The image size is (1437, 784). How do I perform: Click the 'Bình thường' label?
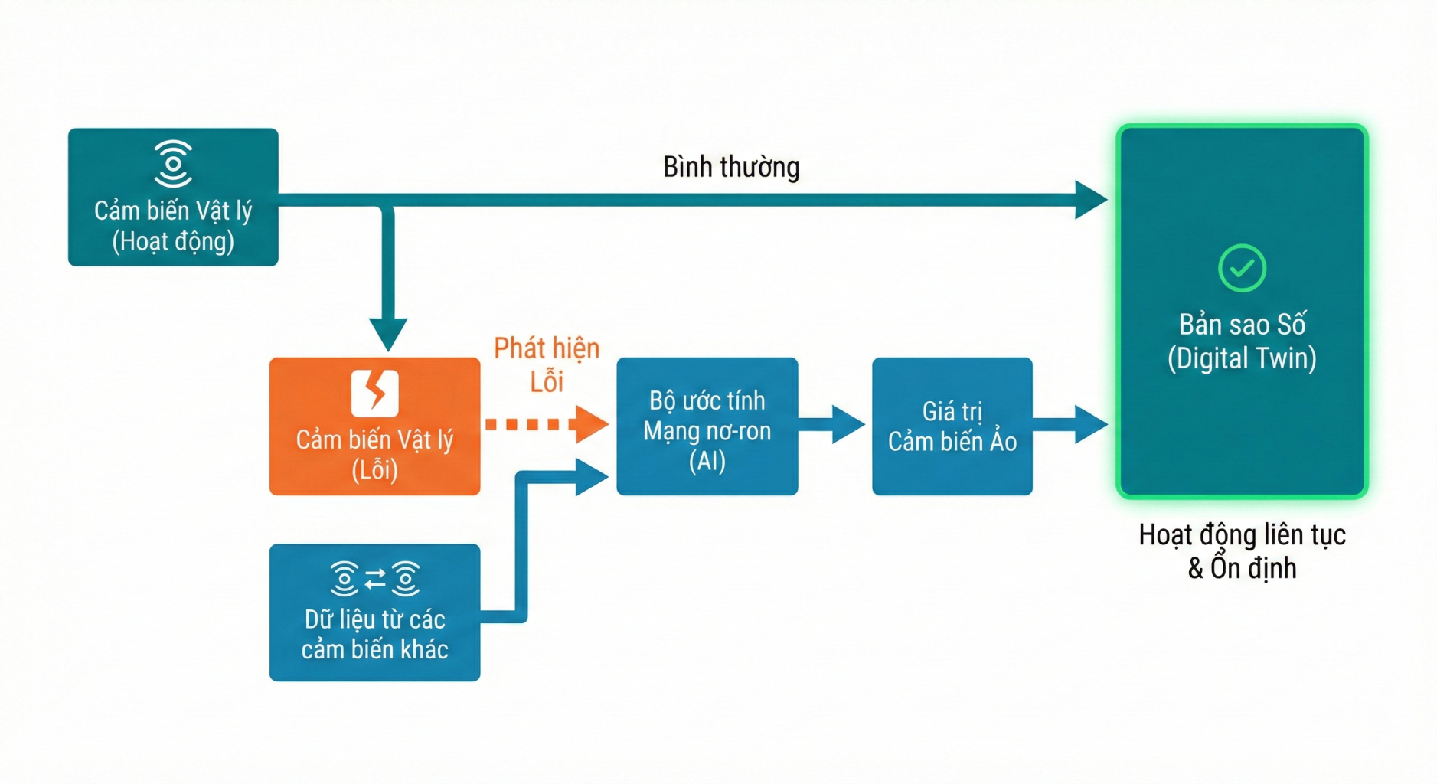(x=731, y=167)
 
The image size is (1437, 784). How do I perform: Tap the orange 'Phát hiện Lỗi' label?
(x=547, y=364)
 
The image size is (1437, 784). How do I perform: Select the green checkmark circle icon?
(x=1242, y=268)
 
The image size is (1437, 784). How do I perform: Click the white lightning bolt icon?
(x=374, y=393)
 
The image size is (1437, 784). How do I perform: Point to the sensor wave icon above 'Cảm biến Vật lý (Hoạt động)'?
(x=173, y=163)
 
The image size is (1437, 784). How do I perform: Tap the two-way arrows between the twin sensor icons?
(x=375, y=579)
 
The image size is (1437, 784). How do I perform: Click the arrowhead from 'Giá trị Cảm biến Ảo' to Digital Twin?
(x=1090, y=424)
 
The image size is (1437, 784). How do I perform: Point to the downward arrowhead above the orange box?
(x=388, y=334)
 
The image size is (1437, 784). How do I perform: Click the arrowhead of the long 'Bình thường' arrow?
(x=1090, y=200)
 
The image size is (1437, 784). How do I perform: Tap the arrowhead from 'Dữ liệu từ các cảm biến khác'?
(x=590, y=477)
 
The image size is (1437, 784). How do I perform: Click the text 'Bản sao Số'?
(x=1242, y=325)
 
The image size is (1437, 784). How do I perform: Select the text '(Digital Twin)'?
(x=1242, y=358)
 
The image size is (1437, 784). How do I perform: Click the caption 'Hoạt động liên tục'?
(x=1242, y=534)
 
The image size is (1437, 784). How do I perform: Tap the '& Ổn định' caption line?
(x=1242, y=568)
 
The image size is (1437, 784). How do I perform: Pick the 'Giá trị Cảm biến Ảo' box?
(x=952, y=426)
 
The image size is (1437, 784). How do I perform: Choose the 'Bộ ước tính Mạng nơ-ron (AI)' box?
(x=707, y=426)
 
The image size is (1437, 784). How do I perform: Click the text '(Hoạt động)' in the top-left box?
(x=173, y=242)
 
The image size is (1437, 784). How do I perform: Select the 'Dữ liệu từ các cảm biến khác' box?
(x=374, y=612)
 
